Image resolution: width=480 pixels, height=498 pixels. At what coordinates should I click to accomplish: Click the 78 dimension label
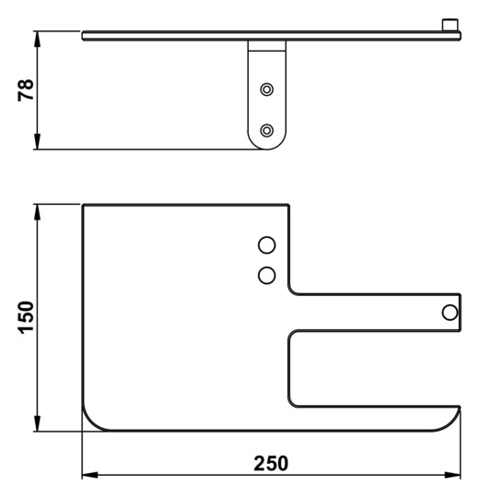26,90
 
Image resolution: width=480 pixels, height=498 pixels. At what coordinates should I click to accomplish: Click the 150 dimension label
27,317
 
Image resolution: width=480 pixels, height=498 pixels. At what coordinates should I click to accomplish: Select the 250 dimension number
271,463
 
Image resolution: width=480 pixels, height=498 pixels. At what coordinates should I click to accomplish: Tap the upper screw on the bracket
267,89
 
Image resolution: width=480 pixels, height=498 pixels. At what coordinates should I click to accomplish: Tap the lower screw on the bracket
267,130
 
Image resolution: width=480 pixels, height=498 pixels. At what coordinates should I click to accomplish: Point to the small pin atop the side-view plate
450,25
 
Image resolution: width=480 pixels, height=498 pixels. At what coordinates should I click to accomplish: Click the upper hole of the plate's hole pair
267,245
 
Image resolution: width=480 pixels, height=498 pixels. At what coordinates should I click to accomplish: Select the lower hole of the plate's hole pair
267,275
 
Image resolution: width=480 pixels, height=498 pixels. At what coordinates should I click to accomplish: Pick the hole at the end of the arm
450,313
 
